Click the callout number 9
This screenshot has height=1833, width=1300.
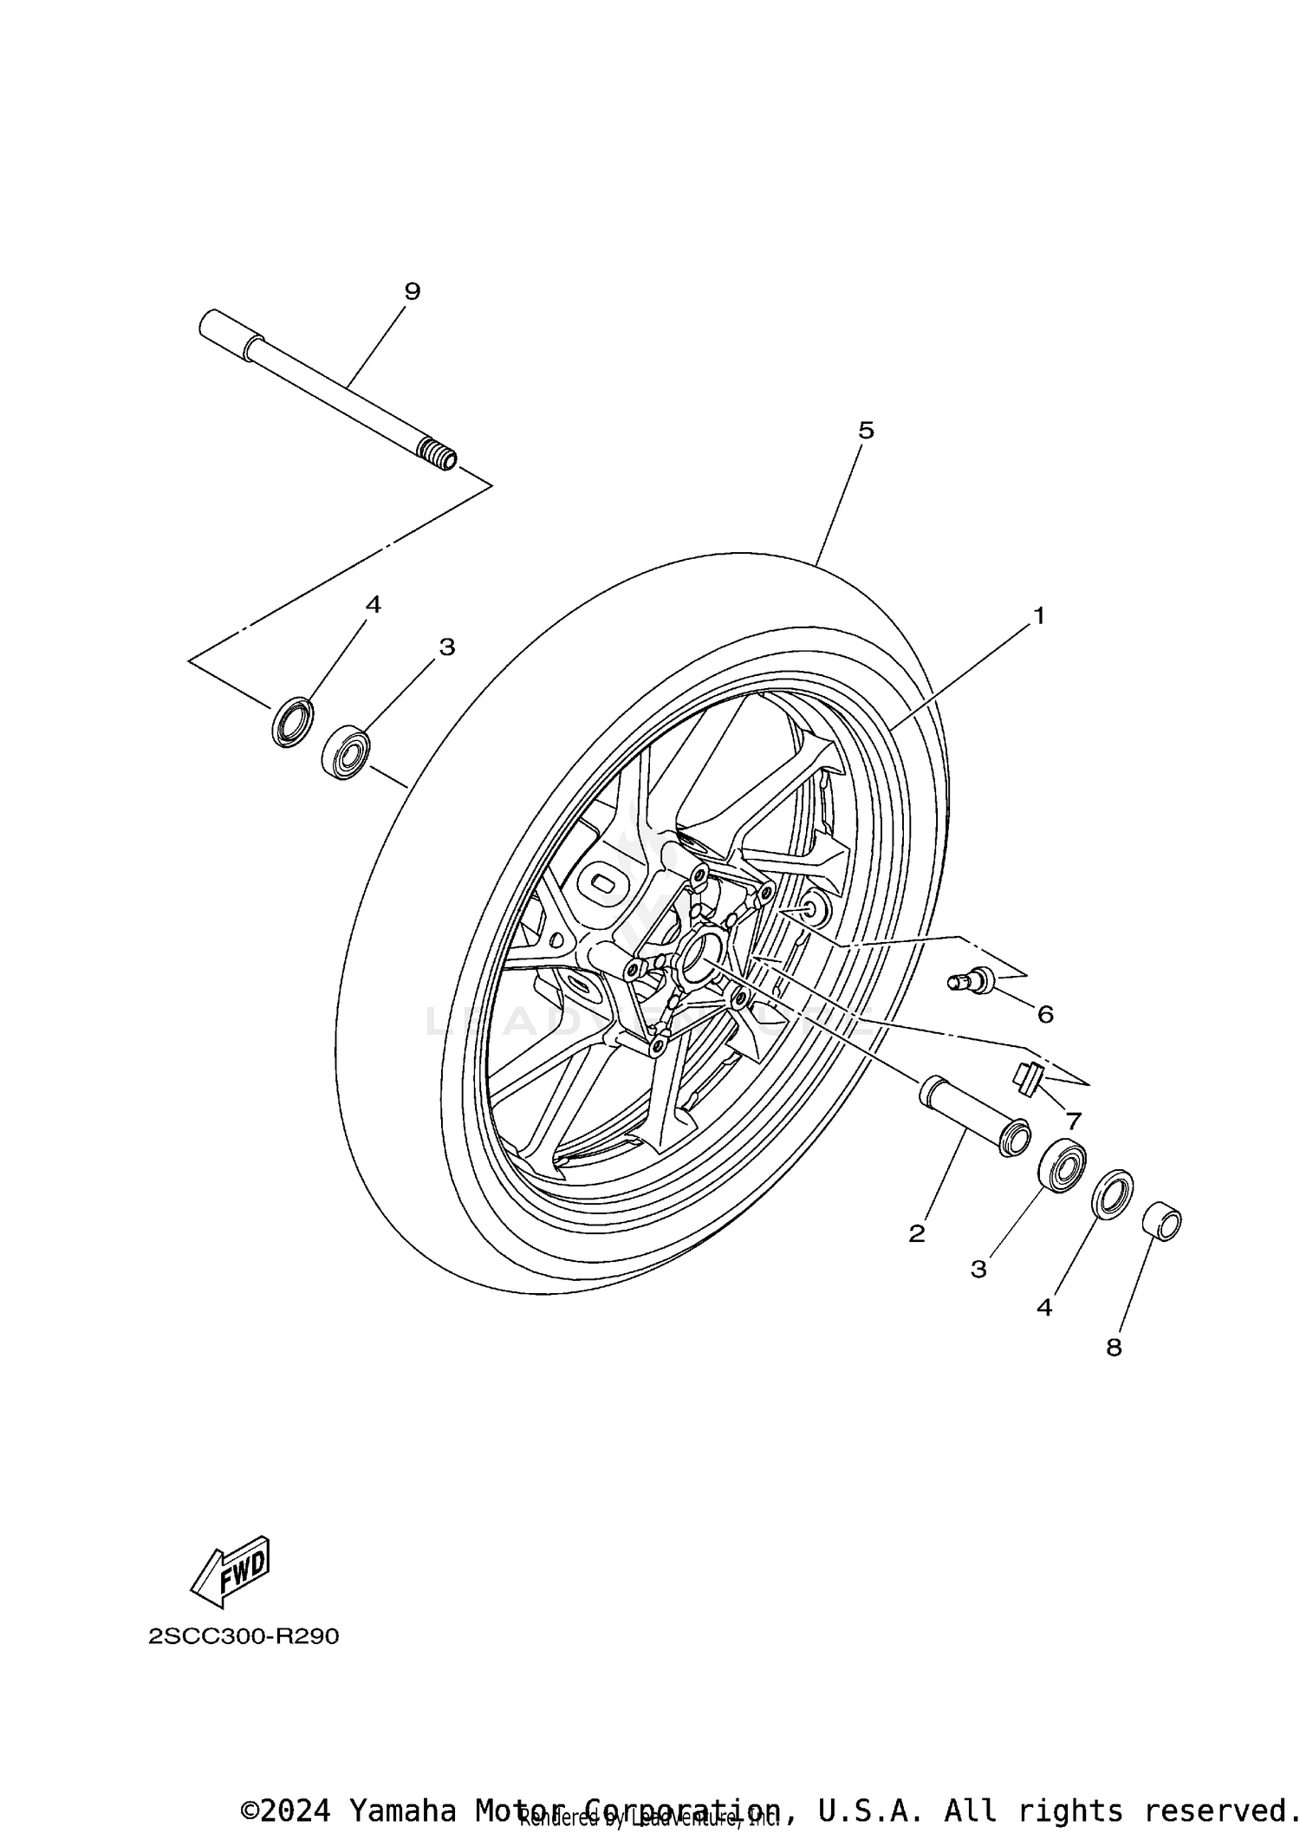413,291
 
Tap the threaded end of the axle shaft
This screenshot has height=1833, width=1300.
438,454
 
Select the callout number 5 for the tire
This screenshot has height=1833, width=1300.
866,430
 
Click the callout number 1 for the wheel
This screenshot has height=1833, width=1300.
1038,616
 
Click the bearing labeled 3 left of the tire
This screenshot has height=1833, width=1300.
347,751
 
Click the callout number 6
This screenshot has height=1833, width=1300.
1045,1014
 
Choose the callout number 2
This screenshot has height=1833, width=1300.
917,1233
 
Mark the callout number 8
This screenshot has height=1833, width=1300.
1114,1347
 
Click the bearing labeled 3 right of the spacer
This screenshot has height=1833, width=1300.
1063,1167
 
